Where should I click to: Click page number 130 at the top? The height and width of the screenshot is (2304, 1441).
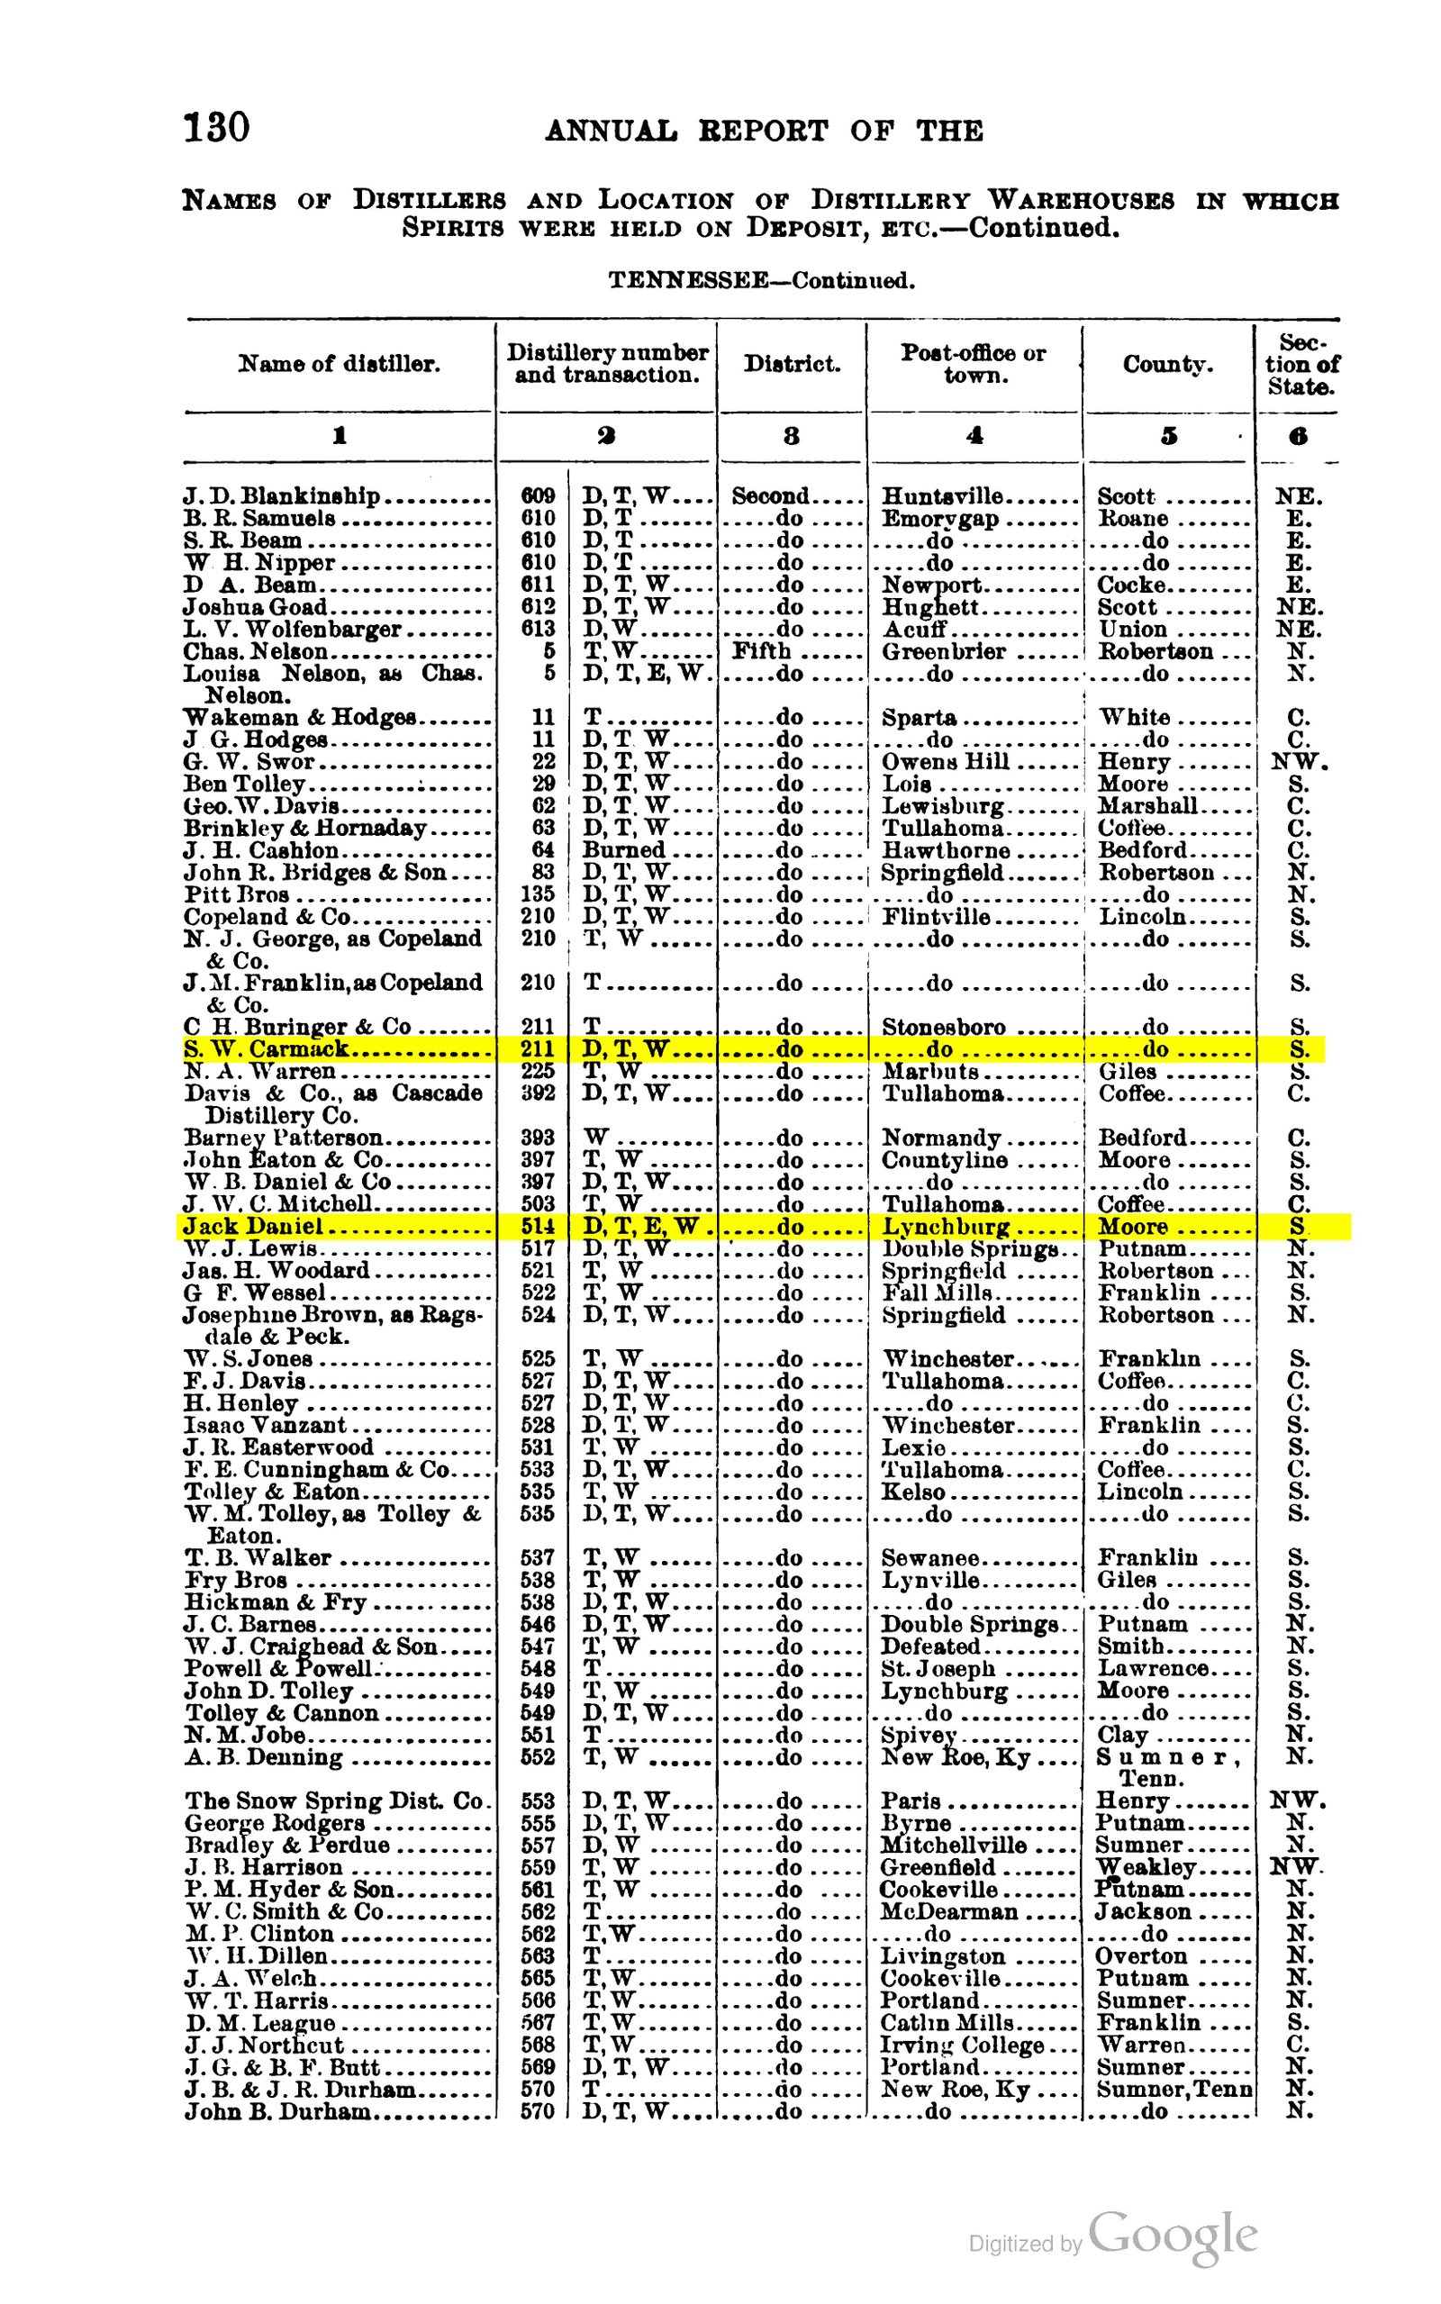click(x=216, y=127)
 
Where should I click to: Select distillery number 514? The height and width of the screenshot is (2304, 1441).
click(x=538, y=1227)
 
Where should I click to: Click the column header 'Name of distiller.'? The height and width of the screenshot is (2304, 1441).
click(x=340, y=364)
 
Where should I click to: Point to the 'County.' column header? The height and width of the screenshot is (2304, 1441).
click(x=1167, y=364)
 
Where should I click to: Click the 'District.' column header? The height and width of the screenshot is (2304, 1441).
click(x=792, y=364)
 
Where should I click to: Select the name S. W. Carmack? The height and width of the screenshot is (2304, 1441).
click(x=267, y=1049)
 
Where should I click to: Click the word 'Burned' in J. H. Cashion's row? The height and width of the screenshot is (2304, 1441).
click(x=624, y=850)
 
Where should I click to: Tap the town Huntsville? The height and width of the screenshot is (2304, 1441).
click(x=942, y=495)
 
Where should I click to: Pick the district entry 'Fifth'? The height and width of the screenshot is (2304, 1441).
click(x=762, y=651)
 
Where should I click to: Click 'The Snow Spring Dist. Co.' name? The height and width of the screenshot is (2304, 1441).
click(x=334, y=1800)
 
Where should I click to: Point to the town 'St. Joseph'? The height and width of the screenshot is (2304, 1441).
click(x=938, y=1667)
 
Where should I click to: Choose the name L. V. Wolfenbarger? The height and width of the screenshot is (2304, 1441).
click(x=293, y=629)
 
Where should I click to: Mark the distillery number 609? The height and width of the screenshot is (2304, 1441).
click(x=538, y=495)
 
